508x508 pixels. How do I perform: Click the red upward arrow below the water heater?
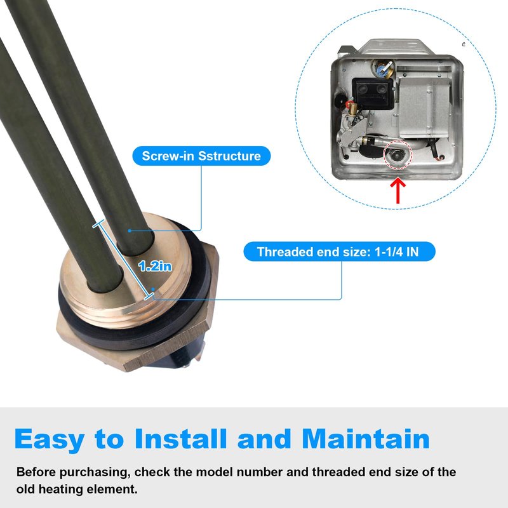(398, 191)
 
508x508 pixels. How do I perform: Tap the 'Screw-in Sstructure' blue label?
(201, 156)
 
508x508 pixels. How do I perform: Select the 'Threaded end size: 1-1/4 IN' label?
(339, 251)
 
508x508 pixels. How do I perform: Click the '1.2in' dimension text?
(155, 266)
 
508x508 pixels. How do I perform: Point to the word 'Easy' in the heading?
(50, 439)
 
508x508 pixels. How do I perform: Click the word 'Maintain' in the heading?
(366, 438)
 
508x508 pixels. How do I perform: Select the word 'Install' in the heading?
(180, 438)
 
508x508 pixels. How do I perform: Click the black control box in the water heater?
(373, 93)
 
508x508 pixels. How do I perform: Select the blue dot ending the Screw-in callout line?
(130, 231)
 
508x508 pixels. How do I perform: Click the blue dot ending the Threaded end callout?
(153, 289)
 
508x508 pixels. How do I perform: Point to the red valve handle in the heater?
(349, 104)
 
